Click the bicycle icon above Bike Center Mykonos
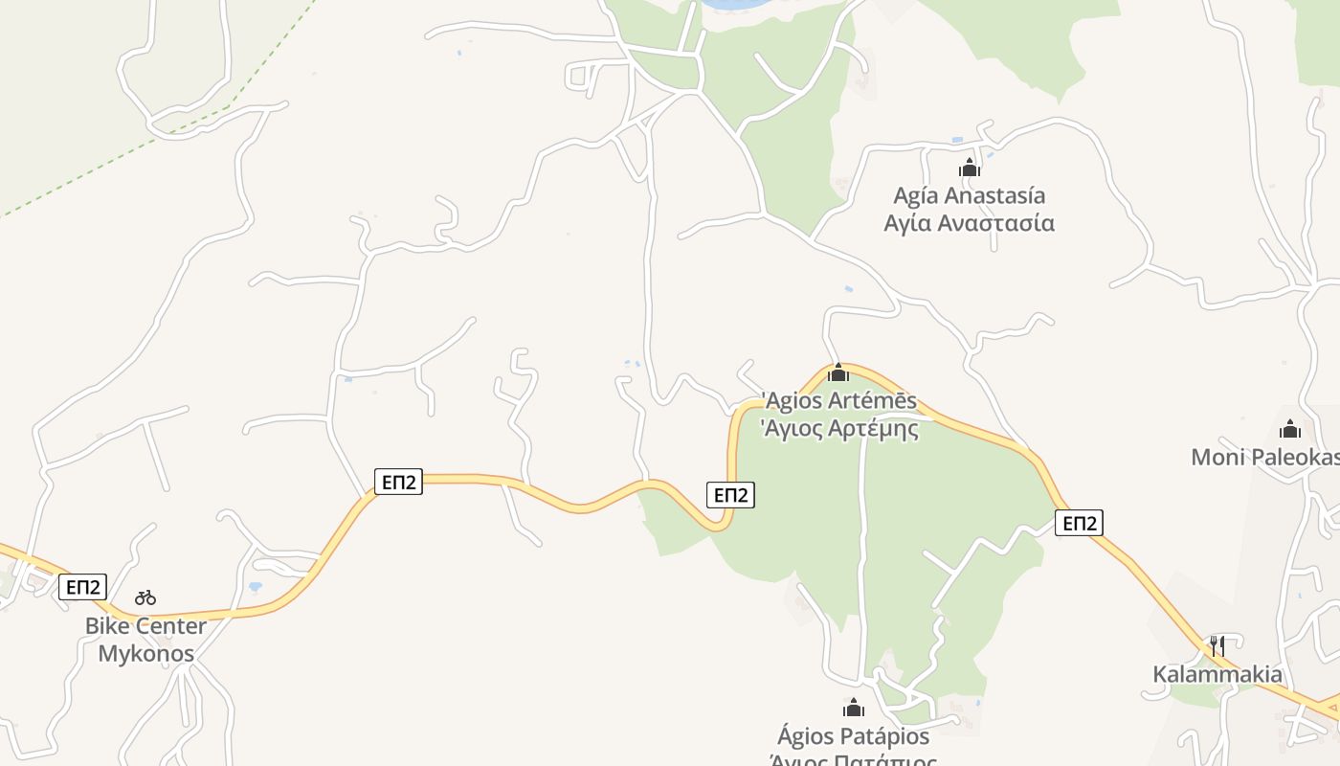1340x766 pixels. (145, 597)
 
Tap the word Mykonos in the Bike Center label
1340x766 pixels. (146, 654)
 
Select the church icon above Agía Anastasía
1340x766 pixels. (970, 169)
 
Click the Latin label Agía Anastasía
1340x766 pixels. (969, 195)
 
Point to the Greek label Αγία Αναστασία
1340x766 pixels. (969, 223)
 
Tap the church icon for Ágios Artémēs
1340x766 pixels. (838, 372)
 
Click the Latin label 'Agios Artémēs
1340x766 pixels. (839, 400)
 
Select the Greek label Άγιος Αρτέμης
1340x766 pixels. (839, 428)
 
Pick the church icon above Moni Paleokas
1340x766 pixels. (1290, 429)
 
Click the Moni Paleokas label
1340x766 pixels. (1263, 457)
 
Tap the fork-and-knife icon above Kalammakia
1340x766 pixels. (1217, 645)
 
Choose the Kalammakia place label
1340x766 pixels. (1217, 674)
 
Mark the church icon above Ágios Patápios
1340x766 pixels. (854, 709)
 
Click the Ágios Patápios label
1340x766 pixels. (854, 736)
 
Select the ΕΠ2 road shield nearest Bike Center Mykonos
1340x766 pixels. (82, 587)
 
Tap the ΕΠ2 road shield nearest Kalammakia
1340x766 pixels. (1080, 523)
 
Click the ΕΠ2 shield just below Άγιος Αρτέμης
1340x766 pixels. (730, 494)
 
